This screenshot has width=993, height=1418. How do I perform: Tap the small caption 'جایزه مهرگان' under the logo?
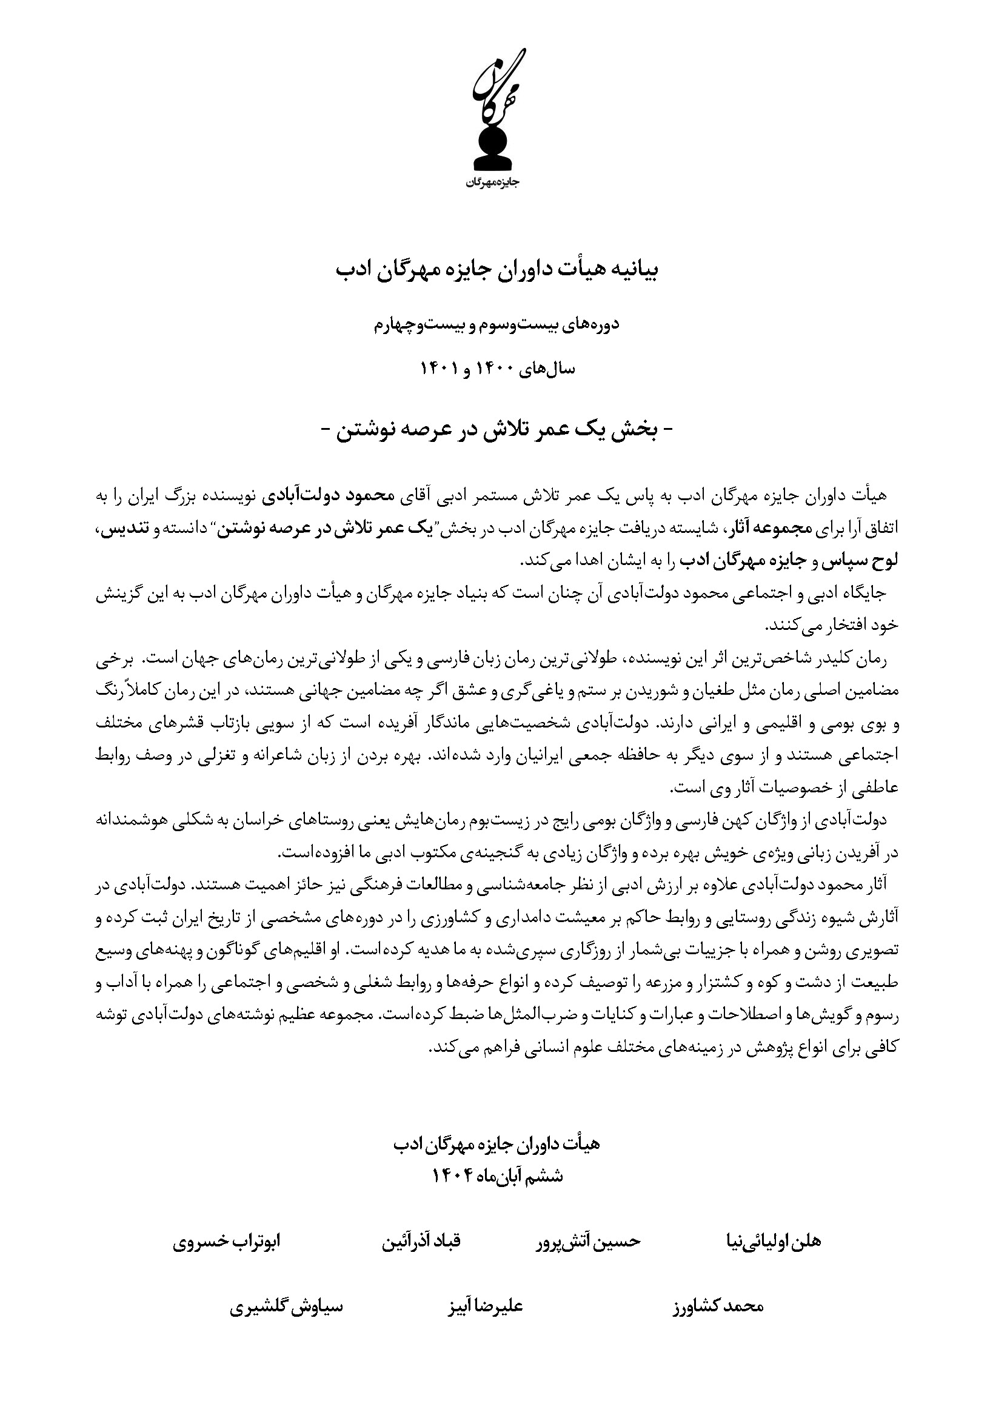[493, 183]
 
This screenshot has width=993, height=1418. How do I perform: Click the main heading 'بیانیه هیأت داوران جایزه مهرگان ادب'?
[497, 270]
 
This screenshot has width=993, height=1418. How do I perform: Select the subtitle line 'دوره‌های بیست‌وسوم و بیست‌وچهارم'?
[496, 325]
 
